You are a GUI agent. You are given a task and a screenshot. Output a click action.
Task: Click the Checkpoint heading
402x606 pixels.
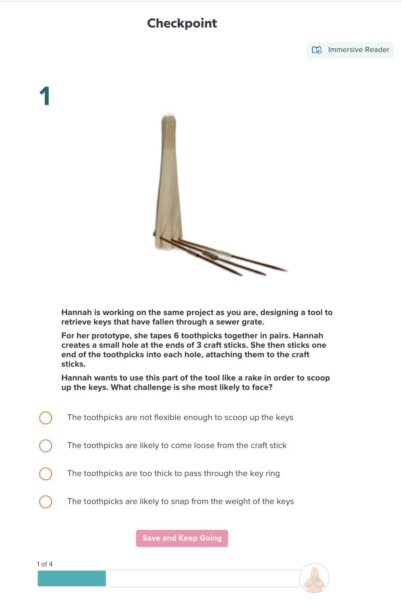182,23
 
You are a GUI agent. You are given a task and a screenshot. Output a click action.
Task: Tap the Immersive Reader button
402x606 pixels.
350,50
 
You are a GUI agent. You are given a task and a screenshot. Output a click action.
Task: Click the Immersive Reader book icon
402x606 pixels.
317,50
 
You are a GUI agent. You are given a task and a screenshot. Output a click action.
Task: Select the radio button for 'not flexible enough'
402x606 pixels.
46,417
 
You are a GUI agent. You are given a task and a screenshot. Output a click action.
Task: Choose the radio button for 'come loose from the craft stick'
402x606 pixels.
46,445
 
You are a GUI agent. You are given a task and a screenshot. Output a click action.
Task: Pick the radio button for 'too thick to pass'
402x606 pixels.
46,473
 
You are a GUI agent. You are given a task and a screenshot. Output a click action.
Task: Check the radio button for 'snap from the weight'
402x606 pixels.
46,501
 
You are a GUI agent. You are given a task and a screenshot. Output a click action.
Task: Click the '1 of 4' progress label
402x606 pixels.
45,564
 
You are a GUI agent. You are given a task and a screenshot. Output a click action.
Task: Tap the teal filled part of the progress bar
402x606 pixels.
71,578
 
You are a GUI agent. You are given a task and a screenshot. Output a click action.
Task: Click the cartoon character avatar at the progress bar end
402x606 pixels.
314,578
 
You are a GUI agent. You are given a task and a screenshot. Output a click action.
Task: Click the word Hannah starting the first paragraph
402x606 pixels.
77,312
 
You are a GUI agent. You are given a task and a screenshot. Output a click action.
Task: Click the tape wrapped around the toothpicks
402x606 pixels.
210,255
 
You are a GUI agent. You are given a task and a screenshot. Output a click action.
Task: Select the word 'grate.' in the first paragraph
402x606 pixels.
253,322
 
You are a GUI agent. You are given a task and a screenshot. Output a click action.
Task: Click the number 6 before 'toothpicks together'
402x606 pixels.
176,336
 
